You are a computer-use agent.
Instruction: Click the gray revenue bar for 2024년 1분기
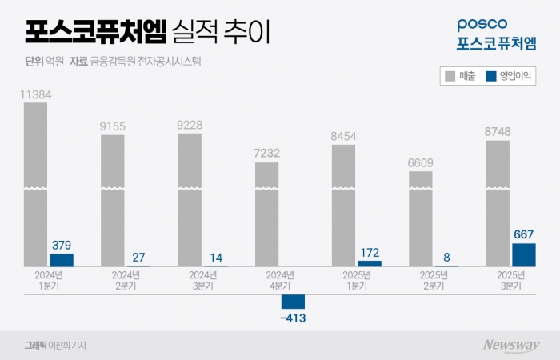coord(35,184)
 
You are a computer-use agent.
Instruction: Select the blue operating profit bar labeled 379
coord(62,260)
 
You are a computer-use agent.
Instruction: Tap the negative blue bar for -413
coord(293,302)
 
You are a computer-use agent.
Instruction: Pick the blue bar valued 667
coord(524,255)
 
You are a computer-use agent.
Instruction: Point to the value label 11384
coord(35,94)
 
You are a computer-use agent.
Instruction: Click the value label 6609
coord(421,162)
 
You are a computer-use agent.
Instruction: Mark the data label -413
coord(293,318)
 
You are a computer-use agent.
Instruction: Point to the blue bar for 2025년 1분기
coord(370,263)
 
